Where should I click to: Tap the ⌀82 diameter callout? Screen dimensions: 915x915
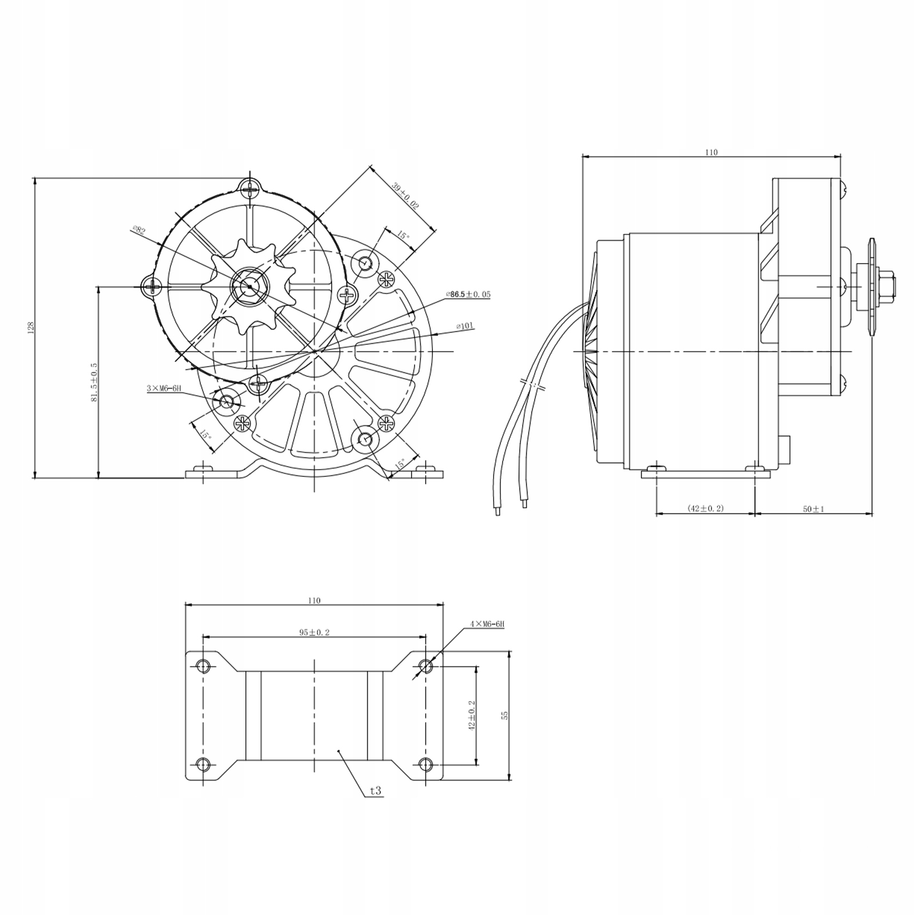[x=138, y=230]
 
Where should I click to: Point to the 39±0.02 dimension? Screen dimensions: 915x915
[x=405, y=196]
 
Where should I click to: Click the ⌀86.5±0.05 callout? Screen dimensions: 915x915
[x=468, y=295]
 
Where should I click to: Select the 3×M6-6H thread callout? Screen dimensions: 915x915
[x=164, y=388]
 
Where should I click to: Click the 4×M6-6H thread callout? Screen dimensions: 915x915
[x=487, y=624]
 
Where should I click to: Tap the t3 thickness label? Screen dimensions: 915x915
[x=375, y=791]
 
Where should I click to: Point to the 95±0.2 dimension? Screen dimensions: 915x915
[x=315, y=632]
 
